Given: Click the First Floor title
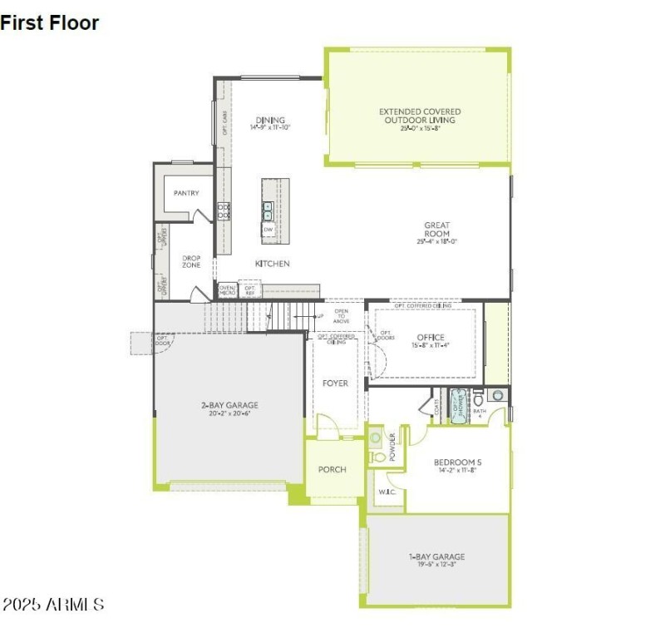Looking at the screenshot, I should coord(50,23).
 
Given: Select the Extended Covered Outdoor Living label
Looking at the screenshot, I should coord(420,116).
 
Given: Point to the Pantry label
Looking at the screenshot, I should coord(186,193).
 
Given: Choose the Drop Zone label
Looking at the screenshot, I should coord(191,261).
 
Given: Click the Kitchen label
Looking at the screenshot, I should coord(272,264).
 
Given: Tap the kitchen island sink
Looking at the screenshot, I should coord(268,209).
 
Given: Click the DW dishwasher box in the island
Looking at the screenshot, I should coord(268,230).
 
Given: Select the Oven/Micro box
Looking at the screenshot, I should coord(227,290).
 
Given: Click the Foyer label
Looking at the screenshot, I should coord(335,383).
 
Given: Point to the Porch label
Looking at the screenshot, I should coord(332,469).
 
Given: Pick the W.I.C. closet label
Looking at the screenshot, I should coord(386,491).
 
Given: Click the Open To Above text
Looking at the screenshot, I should coord(341,317).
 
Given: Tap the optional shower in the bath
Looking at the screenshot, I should coord(459,405).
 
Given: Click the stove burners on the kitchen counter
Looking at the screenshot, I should coord(223,211).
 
